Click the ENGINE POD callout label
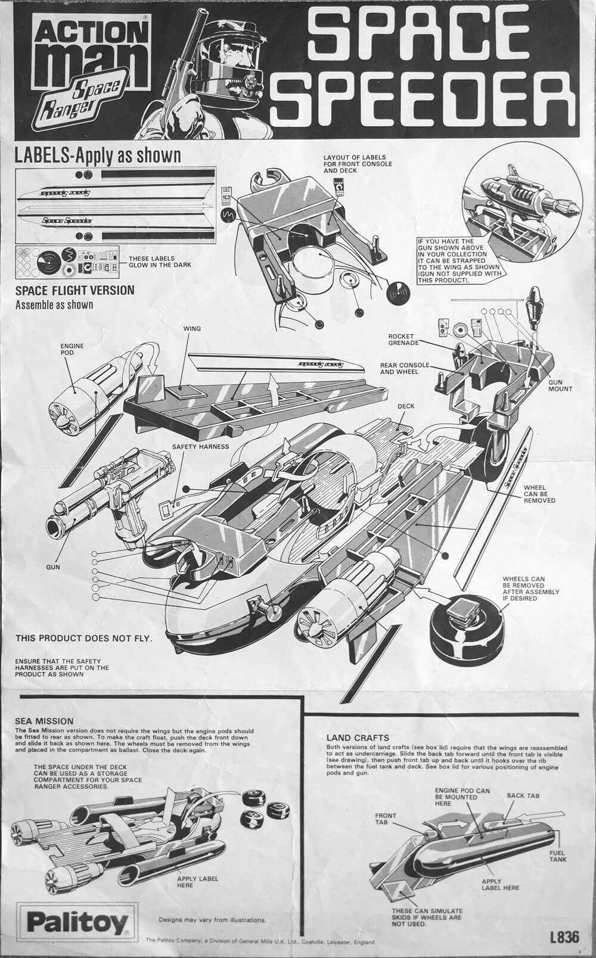tap(72, 350)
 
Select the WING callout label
tap(193, 328)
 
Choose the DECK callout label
tap(406, 406)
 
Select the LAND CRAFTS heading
tap(358, 738)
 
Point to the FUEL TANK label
tap(558, 856)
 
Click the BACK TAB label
tap(523, 795)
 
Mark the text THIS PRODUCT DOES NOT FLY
tap(83, 639)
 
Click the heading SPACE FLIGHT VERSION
tap(74, 291)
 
